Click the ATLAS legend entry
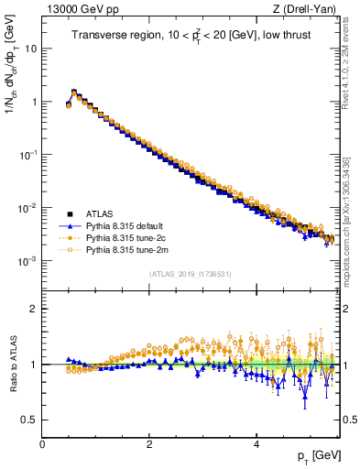[x=98, y=213]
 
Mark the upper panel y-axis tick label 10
[x=30, y=49]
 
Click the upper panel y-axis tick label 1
[x=34, y=102]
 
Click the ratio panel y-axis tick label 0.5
[x=30, y=420]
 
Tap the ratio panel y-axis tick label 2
[x=34, y=309]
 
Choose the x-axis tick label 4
[x=256, y=444]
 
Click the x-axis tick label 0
[x=42, y=444]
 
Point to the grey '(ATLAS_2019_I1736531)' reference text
[x=189, y=274]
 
